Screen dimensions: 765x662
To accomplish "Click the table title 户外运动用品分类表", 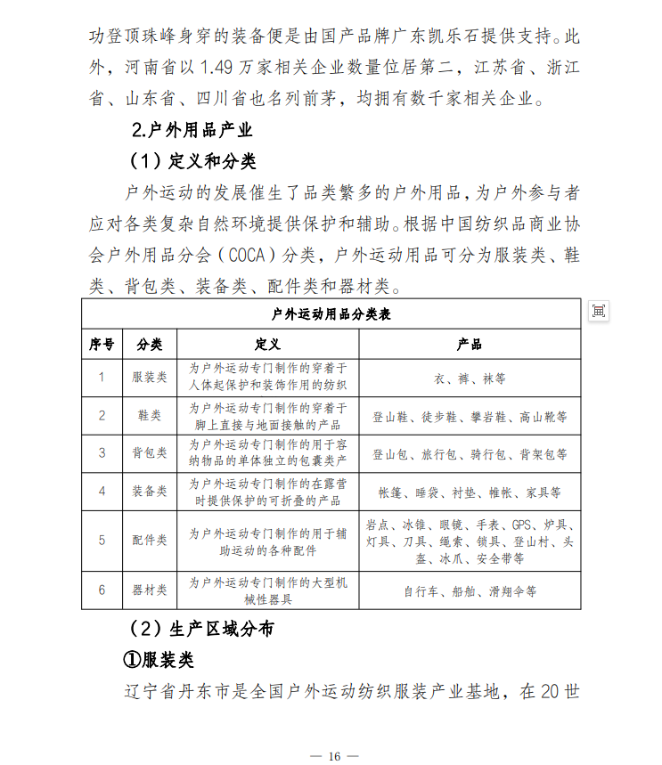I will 331,314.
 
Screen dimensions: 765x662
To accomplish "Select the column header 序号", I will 102,344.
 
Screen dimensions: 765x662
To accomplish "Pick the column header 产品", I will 470,344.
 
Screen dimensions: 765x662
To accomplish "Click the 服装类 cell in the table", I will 149,377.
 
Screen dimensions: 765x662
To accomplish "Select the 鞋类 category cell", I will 149,415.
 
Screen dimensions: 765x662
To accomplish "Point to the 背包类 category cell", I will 149,453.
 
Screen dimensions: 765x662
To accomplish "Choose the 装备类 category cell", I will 149,491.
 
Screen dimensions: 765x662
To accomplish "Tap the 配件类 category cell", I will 149,540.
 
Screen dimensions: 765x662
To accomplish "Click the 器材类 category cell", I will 149,590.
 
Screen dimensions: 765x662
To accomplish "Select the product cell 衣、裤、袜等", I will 470,378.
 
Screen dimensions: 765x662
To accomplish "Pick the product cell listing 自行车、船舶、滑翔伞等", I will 470,590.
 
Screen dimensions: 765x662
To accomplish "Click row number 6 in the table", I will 102,590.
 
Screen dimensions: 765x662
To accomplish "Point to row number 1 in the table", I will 102,377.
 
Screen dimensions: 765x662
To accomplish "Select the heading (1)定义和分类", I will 192,161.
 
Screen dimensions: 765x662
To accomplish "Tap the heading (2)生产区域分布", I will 201,629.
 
